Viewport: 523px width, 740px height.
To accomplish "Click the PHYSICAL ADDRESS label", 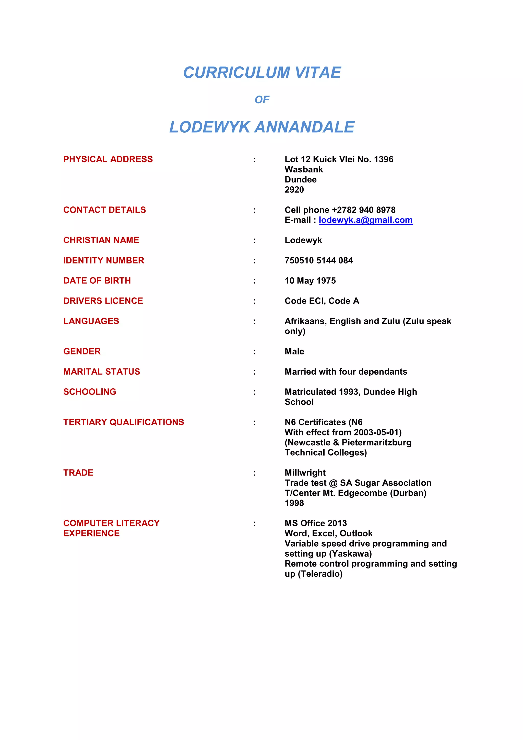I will (x=108, y=159).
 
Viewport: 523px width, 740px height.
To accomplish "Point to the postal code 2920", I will (x=294, y=190).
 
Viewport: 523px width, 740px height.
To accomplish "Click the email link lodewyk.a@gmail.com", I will (x=365, y=220).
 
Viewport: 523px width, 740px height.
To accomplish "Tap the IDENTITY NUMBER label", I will (x=104, y=260).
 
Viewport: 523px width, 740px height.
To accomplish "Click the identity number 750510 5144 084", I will (x=318, y=260).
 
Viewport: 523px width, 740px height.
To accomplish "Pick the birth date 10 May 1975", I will (x=310, y=281).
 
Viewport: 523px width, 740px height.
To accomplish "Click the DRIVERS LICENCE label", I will (x=103, y=301).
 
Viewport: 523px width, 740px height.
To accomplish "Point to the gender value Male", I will (x=294, y=351).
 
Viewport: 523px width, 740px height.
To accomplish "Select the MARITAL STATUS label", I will (x=101, y=372).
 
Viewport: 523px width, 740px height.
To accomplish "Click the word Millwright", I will (x=305, y=473).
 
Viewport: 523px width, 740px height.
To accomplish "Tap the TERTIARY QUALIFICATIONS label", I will (x=124, y=422).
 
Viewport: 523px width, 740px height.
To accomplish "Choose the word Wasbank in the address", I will (x=304, y=169).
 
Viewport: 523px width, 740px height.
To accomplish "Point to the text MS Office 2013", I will (x=316, y=523).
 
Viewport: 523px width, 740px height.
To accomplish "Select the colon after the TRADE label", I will (x=254, y=473).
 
